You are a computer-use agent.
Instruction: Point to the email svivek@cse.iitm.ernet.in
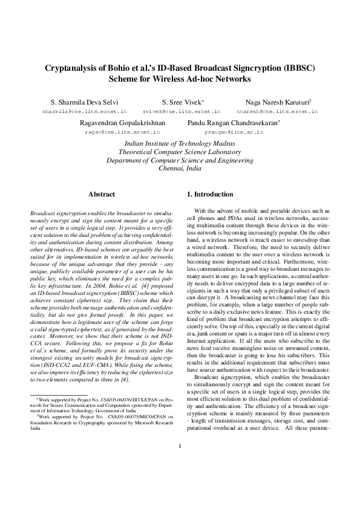[182, 112]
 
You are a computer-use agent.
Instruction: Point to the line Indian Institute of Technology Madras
[180, 143]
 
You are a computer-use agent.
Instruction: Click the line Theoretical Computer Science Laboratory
[180, 152]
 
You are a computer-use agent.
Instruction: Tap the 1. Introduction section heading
[209, 194]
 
